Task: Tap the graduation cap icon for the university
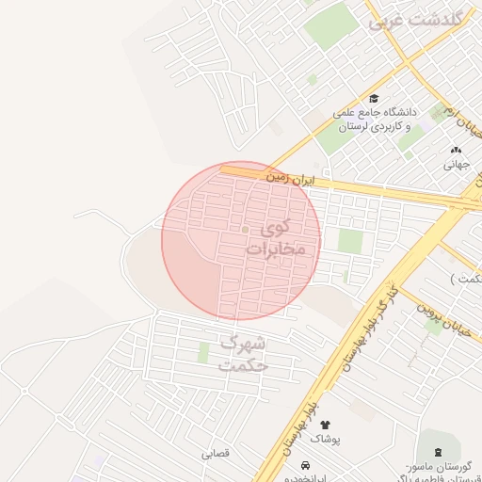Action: [x=374, y=99]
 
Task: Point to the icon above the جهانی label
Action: [x=457, y=149]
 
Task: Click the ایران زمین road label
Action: [x=288, y=176]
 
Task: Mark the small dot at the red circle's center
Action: [x=245, y=229]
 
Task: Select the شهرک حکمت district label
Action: [x=243, y=353]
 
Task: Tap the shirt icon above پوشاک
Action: [x=327, y=426]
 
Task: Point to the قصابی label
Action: [x=215, y=454]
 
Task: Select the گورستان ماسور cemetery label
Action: [x=435, y=468]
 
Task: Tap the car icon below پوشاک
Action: [x=307, y=465]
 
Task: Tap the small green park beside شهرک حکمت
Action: [x=203, y=352]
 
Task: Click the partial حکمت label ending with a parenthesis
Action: [x=466, y=279]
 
